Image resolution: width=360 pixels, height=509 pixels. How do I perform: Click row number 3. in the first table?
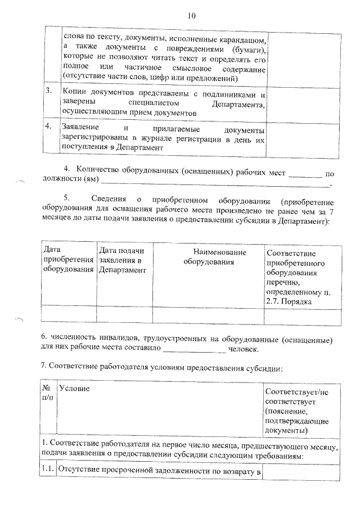coord(49,91)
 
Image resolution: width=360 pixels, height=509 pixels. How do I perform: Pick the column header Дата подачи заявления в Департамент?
coord(123,259)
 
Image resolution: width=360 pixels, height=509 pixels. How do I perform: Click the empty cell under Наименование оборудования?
coord(208,316)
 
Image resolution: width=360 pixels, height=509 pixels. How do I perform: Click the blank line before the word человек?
coord(193,351)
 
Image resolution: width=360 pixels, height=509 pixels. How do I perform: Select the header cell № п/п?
coord(48,393)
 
